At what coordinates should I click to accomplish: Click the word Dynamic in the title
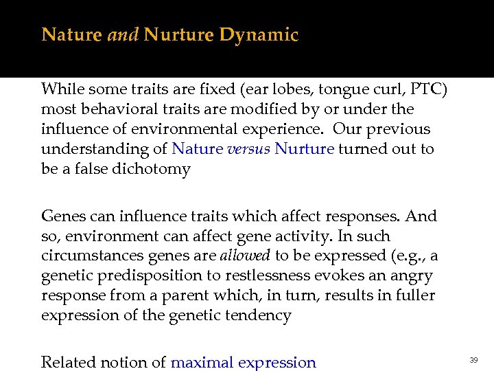click(x=259, y=35)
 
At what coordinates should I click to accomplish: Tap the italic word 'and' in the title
click(x=123, y=35)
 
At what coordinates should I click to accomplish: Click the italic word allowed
click(x=245, y=256)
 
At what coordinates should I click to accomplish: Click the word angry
click(x=407, y=276)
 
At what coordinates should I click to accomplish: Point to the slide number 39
click(x=473, y=360)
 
